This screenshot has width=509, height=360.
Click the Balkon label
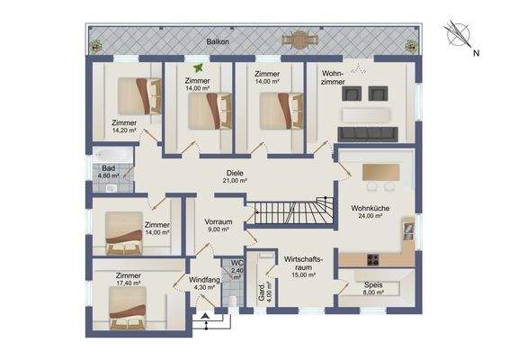pos(218,41)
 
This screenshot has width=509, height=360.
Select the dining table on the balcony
pos(300,40)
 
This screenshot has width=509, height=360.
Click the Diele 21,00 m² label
pos(235,176)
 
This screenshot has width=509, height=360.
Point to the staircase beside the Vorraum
pos(290,211)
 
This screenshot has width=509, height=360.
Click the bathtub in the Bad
pos(112,155)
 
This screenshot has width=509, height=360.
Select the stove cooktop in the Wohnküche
pos(373,259)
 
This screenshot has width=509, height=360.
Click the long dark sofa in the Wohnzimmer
pos(368,134)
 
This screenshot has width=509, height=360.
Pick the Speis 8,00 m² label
pos(373,288)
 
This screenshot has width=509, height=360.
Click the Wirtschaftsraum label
pos(304,263)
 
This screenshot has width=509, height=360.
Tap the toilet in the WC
pos(233,301)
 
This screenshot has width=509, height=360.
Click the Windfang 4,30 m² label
pos(204,283)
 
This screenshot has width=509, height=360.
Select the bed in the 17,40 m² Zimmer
pos(128,308)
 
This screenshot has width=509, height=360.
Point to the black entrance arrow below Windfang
pos(205,315)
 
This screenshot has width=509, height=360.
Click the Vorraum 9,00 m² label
pos(219,225)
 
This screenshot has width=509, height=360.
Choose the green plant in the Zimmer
pos(198,67)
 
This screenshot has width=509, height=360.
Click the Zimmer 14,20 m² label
pos(124,126)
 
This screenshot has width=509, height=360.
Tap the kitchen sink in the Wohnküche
pos(408,229)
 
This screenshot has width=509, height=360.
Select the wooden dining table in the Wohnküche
pos(380,172)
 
